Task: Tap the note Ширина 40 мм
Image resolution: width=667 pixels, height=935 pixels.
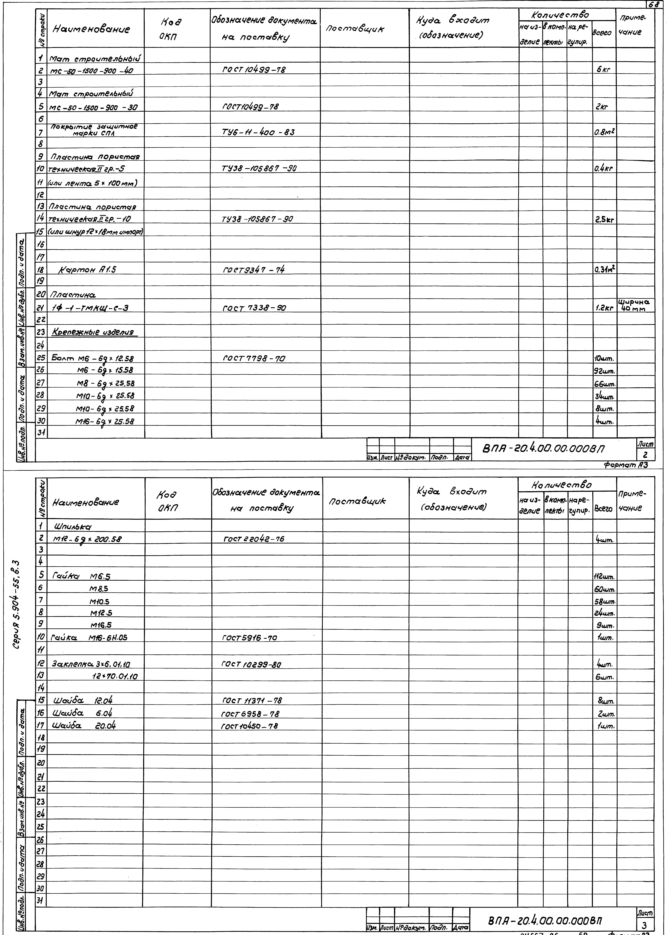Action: pos(635,305)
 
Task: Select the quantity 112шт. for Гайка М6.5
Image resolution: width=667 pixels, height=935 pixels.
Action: pos(604,577)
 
